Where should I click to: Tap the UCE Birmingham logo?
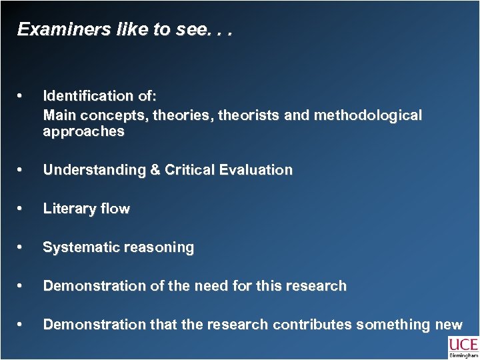(x=463, y=347)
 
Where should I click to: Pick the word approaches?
(x=83, y=131)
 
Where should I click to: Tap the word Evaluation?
(x=259, y=170)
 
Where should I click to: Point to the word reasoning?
(x=157, y=247)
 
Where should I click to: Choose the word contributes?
(x=311, y=325)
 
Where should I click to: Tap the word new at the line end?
(x=447, y=325)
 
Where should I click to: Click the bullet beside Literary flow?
(x=23, y=209)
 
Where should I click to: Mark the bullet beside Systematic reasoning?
(x=23, y=247)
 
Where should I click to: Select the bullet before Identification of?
(x=23, y=96)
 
